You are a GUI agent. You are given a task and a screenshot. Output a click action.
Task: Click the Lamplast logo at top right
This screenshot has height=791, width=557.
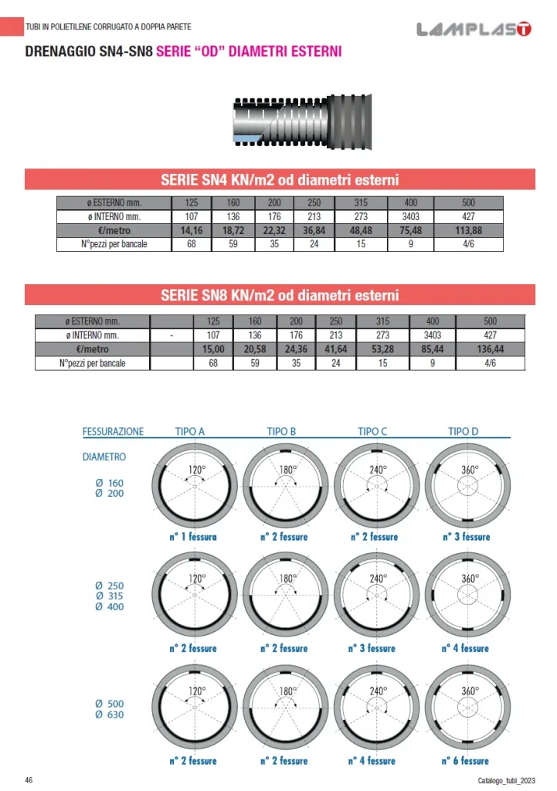coord(474,30)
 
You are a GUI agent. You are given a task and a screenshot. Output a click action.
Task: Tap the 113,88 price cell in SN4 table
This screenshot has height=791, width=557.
coord(468,230)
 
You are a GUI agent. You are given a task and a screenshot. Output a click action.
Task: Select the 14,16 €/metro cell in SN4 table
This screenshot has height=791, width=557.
coord(190,230)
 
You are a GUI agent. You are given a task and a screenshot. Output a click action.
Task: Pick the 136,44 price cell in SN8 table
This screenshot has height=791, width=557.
coord(490,349)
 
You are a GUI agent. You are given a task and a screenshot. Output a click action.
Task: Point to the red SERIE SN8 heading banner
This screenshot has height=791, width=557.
coord(280,295)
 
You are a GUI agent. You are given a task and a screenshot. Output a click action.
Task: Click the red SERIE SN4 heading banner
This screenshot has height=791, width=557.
coord(280,180)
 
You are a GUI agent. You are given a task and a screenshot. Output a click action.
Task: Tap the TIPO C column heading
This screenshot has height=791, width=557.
coord(372,431)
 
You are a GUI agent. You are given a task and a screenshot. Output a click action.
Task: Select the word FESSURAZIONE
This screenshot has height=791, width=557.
coord(113,431)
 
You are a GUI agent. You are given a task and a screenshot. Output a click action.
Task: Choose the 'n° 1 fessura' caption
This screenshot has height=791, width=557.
coord(193,536)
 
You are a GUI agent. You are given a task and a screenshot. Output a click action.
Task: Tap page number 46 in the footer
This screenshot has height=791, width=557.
coord(29,778)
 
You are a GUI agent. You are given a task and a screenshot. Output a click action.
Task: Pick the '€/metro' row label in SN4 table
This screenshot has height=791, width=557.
coord(114,230)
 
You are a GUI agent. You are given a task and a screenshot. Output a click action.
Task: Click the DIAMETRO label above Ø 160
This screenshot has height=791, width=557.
coord(104,457)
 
